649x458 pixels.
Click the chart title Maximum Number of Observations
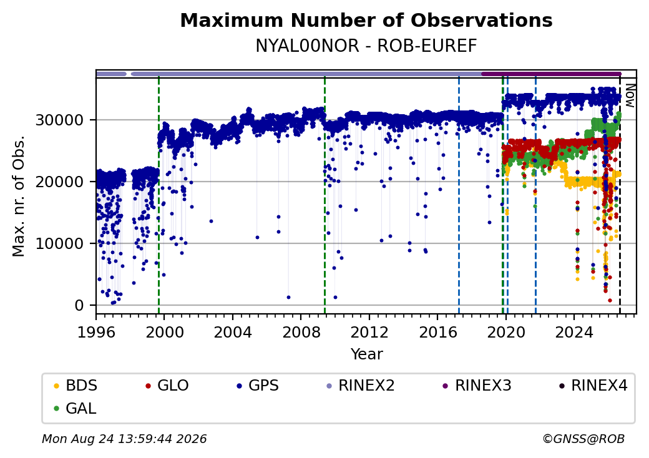point(366,20)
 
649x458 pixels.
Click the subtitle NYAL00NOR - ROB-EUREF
point(366,46)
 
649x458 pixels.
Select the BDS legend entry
point(76,386)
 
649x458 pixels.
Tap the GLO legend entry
point(167,386)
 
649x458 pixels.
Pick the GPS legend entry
point(258,386)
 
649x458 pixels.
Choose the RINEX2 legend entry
point(361,386)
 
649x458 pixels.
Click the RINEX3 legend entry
point(477,386)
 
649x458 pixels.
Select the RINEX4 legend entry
point(593,386)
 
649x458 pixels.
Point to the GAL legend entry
point(76,408)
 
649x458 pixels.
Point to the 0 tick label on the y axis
point(79,305)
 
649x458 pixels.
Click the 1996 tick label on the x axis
point(97,332)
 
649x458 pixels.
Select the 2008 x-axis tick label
point(301,332)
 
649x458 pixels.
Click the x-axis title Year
point(367,354)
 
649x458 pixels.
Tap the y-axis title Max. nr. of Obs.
point(19,196)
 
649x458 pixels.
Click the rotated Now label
point(630,95)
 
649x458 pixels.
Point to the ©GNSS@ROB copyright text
point(583,439)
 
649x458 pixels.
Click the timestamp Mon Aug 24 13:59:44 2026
point(124,439)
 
